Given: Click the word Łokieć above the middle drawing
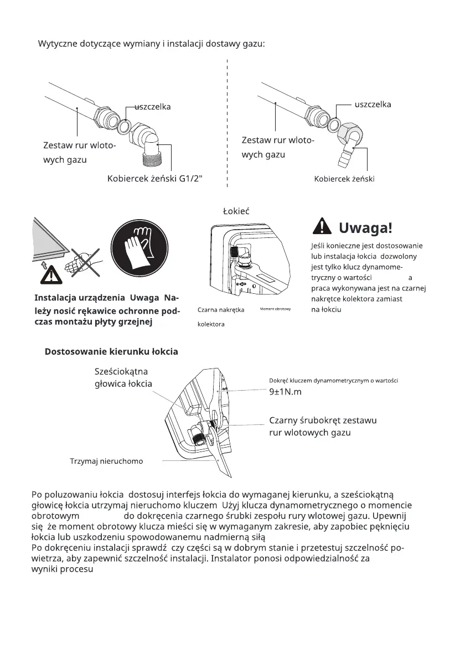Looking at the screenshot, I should (236, 211).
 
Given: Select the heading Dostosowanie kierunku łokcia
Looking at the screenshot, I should (111, 352).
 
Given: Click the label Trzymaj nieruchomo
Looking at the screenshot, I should (106, 460).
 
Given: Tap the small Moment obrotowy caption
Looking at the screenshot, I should (276, 308).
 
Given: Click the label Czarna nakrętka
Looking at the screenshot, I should (221, 310).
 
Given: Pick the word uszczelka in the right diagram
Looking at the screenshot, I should (373, 104).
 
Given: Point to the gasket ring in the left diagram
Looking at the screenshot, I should (125, 126).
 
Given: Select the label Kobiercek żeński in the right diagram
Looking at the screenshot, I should (344, 179).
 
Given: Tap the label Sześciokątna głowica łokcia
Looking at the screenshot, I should (123, 377).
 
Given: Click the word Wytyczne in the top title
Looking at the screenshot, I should (59, 43).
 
